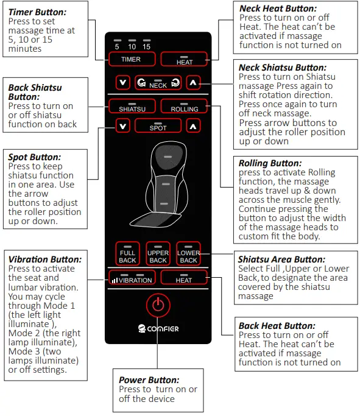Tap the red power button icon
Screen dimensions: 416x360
(x=158, y=305)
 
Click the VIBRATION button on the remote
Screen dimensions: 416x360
(x=132, y=279)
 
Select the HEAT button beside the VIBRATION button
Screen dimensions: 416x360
(x=185, y=279)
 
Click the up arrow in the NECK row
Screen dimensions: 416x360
(x=193, y=82)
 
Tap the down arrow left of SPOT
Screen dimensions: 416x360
(x=124, y=126)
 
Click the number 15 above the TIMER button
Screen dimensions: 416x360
(x=146, y=46)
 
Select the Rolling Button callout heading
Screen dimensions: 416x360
(x=270, y=163)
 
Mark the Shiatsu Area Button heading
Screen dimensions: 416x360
(x=281, y=259)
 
